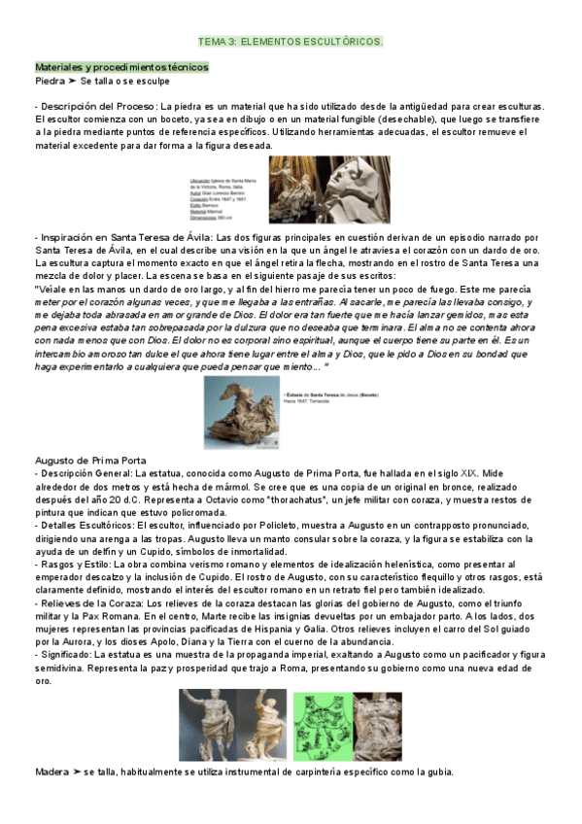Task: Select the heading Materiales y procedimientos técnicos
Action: click(x=121, y=66)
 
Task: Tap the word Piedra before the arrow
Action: click(x=50, y=81)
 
